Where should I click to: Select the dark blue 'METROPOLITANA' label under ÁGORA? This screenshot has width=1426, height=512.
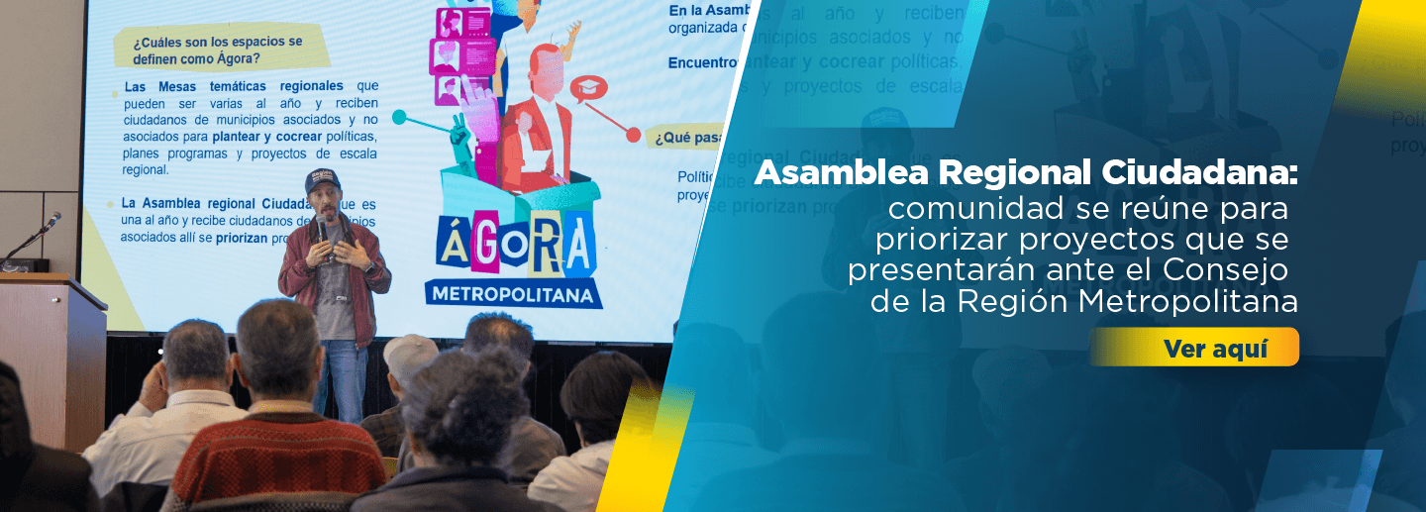point(514,294)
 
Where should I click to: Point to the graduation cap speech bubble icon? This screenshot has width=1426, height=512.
point(588,88)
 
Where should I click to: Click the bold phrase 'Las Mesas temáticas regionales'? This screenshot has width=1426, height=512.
point(234,86)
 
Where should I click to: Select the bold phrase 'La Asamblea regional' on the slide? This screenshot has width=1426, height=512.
point(202,204)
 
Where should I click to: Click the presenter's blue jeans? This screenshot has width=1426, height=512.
point(343,376)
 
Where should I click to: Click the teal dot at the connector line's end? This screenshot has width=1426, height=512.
point(399,118)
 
